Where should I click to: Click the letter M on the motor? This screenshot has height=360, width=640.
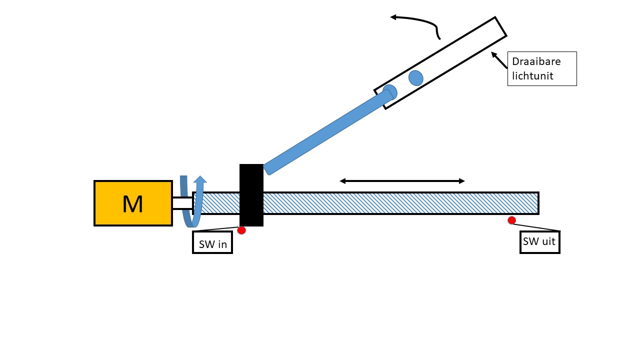pyautogui.click(x=132, y=204)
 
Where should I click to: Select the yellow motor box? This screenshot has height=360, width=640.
pyautogui.click(x=133, y=203)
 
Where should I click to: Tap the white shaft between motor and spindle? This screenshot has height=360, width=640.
pyautogui.click(x=182, y=203)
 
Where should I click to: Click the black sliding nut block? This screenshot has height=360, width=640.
pyautogui.click(x=251, y=195)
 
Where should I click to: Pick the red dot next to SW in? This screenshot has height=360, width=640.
pyautogui.click(x=241, y=230)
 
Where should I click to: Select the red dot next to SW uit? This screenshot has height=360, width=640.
pyautogui.click(x=511, y=220)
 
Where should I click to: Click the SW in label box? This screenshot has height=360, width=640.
pyautogui.click(x=212, y=242)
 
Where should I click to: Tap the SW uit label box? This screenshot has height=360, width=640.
pyautogui.click(x=539, y=242)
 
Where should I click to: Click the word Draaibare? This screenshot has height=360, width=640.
pyautogui.click(x=536, y=61)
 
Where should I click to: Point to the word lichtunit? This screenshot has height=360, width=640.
pyautogui.click(x=532, y=75)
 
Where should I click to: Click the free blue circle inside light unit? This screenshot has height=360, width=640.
pyautogui.click(x=415, y=78)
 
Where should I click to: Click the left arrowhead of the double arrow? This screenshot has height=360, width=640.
pyautogui.click(x=342, y=181)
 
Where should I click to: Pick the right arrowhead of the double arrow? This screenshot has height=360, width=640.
pyautogui.click(x=461, y=181)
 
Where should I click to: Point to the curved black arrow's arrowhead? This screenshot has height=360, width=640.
pyautogui.click(x=393, y=17)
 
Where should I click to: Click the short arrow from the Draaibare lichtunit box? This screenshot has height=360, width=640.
pyautogui.click(x=499, y=60)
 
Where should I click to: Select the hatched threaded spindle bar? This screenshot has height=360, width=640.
pyautogui.click(x=366, y=203)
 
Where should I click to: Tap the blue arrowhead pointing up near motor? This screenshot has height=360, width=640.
pyautogui.click(x=200, y=179)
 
